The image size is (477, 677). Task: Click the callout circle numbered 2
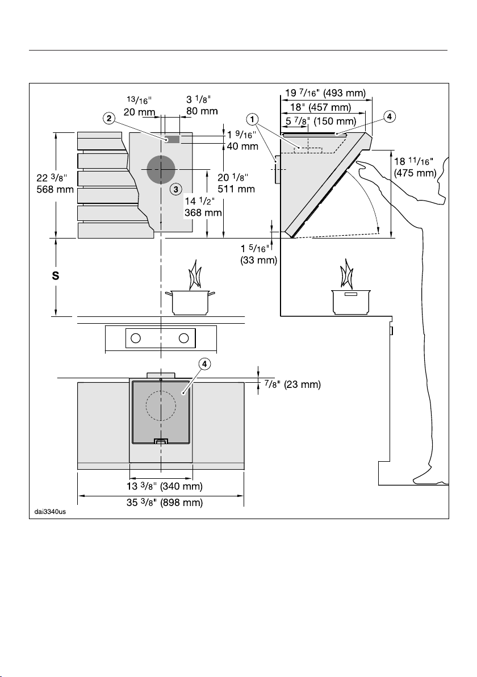(x=109, y=118)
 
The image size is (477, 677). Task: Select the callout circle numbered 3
(x=175, y=189)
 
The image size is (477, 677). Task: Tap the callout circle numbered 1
(x=253, y=118)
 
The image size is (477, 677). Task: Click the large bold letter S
(x=56, y=276)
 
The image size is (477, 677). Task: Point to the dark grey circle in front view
(x=161, y=169)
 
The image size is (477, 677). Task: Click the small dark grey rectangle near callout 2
(x=172, y=139)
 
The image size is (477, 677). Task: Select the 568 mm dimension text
(x=55, y=190)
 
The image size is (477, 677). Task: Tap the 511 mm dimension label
(x=236, y=189)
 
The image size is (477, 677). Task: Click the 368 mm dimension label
(x=203, y=212)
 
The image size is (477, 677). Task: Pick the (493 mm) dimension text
(x=345, y=93)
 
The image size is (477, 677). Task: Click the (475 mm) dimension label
(x=415, y=173)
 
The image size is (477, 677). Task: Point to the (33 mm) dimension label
(x=258, y=260)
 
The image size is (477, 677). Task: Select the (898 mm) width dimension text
(x=181, y=503)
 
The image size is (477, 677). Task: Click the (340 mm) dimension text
(x=181, y=487)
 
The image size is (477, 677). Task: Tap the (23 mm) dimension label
(x=302, y=385)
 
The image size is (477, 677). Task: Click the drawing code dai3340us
(x=50, y=512)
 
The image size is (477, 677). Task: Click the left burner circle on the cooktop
(x=136, y=338)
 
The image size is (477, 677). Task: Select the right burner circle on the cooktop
(x=184, y=338)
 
